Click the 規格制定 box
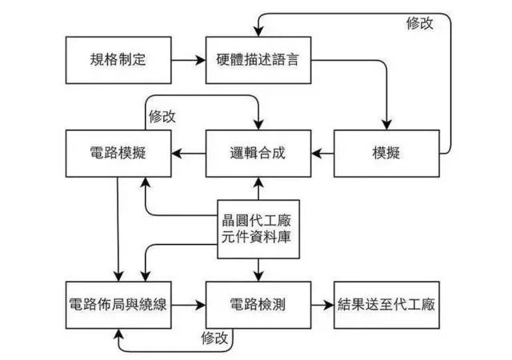(118, 60)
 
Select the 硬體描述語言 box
(258, 60)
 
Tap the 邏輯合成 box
(258, 154)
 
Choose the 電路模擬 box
(118, 154)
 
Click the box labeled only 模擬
(386, 154)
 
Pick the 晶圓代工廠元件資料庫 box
(258, 229)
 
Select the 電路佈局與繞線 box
(118, 305)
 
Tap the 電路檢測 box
(258, 305)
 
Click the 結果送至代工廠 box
(386, 305)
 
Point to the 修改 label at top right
(419, 23)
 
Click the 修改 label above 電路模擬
(162, 116)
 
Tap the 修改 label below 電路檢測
(214, 338)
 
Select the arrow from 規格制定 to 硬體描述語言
(189, 60)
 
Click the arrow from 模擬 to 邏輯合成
(322, 154)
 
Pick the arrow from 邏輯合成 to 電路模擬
(189, 154)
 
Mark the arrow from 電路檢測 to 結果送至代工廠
(322, 305)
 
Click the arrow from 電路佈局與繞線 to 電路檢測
(189, 305)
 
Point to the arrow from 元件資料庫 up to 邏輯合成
(258, 189)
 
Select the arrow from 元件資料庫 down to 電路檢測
(258, 270)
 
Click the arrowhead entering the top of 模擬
(386, 125)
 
